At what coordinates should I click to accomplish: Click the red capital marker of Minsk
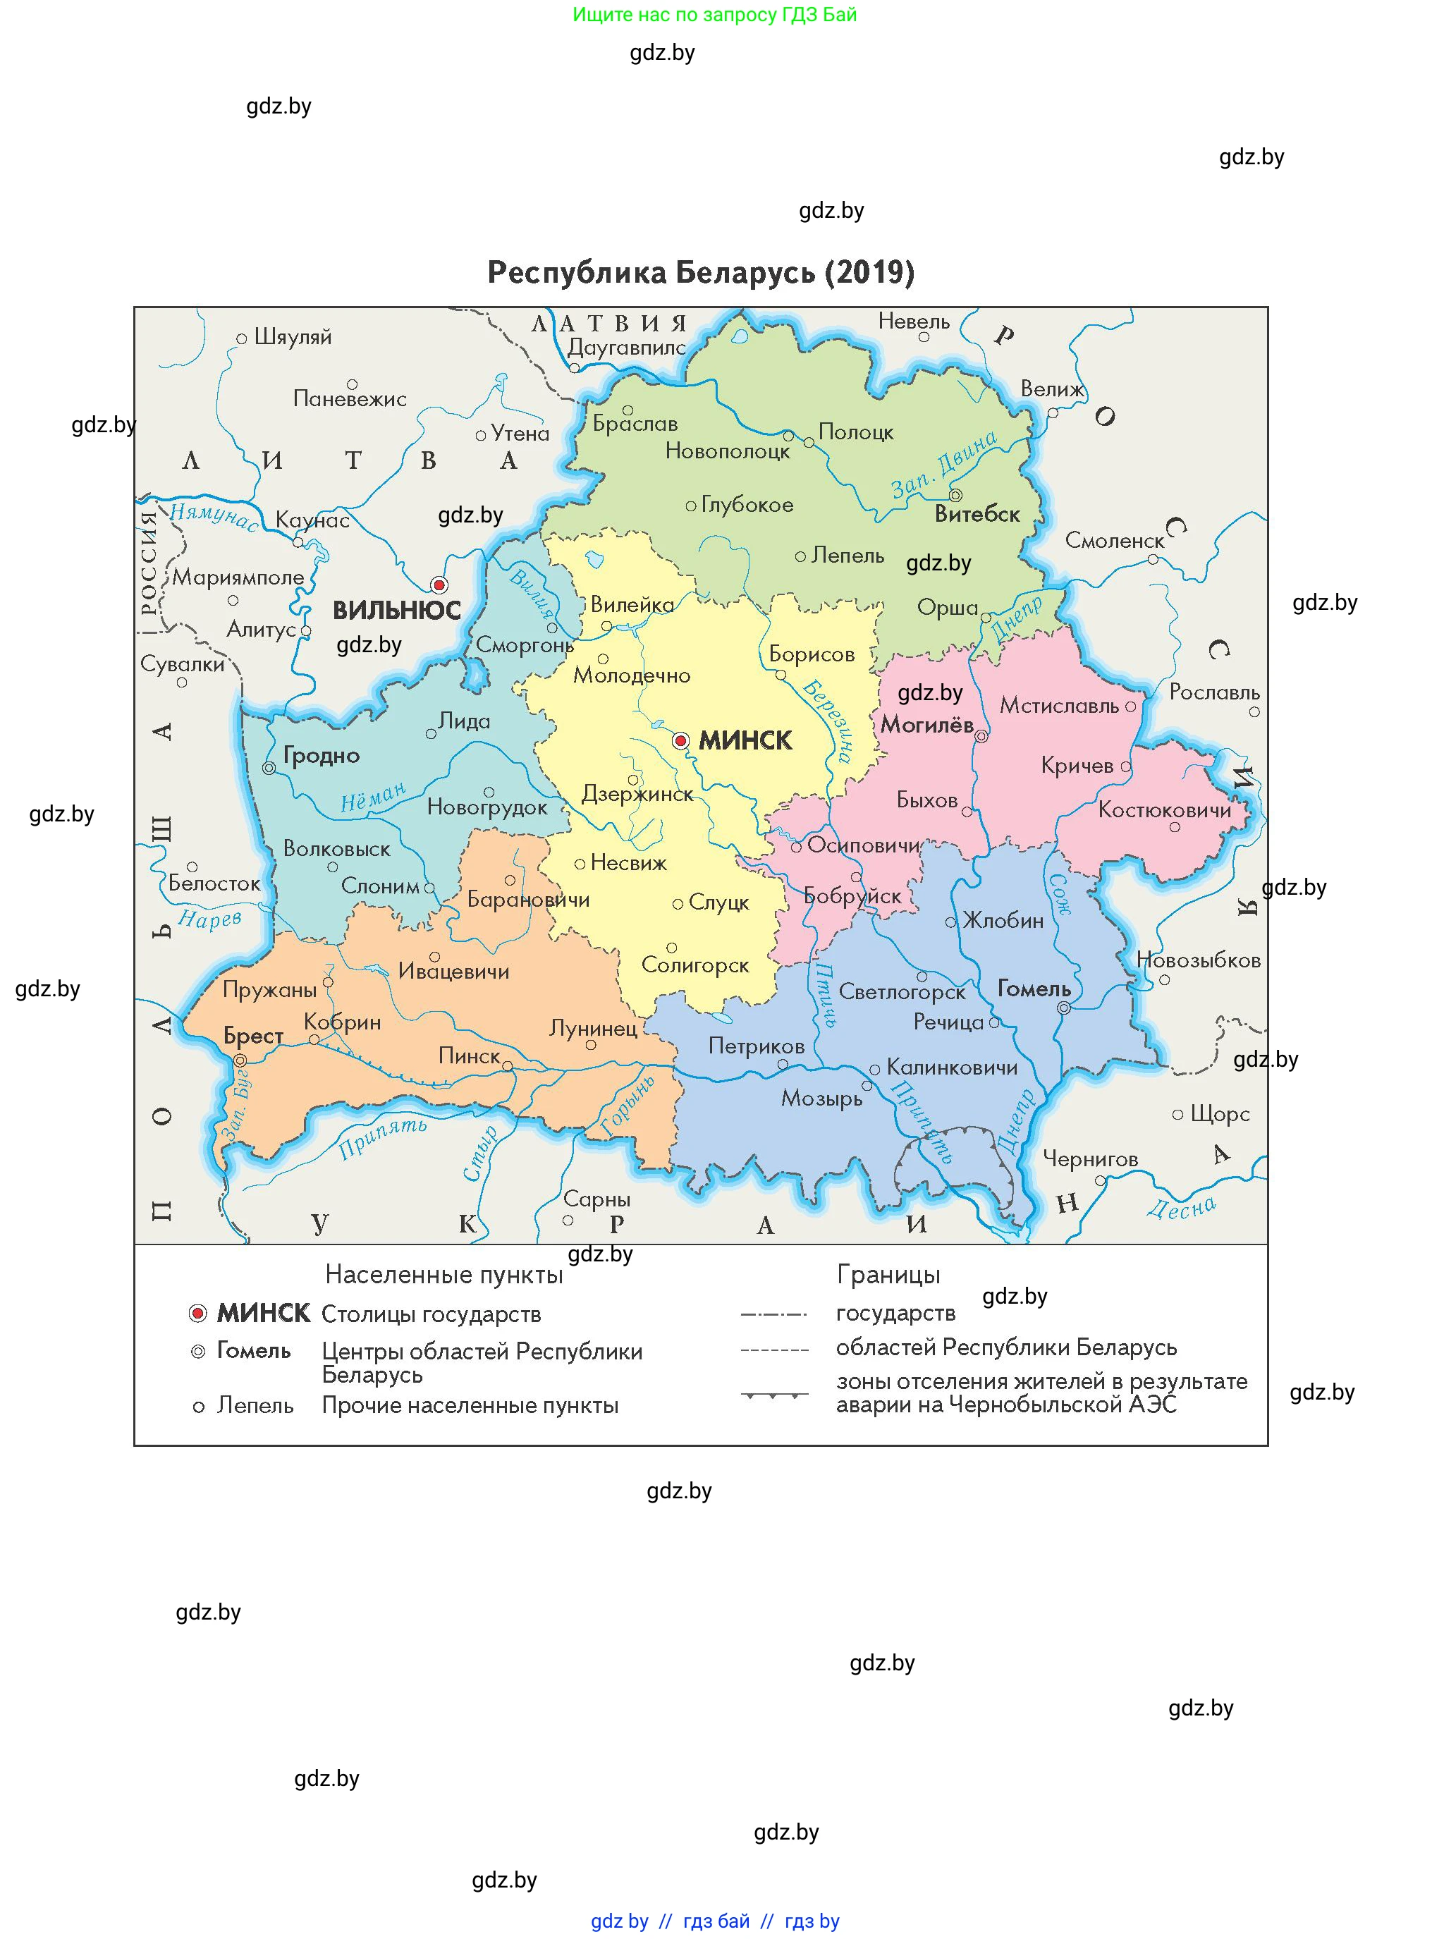pyautogui.click(x=680, y=740)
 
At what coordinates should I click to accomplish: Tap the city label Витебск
pyautogui.click(x=977, y=515)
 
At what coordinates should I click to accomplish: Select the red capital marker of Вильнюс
pyautogui.click(x=439, y=585)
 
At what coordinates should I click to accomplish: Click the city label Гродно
pyautogui.click(x=321, y=756)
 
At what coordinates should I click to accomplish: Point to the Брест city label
pyautogui.click(x=253, y=1036)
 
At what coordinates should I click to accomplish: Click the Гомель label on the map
pyautogui.click(x=1034, y=989)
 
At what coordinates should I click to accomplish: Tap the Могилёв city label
pyautogui.click(x=926, y=725)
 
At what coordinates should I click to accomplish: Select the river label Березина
pyautogui.click(x=828, y=721)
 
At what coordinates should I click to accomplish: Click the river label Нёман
pyautogui.click(x=373, y=797)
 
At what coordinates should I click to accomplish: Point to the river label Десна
pyautogui.click(x=1182, y=1207)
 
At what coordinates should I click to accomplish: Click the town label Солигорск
pyautogui.click(x=695, y=965)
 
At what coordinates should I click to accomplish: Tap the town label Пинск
pyautogui.click(x=469, y=1056)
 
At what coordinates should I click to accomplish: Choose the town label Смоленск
pyautogui.click(x=1115, y=541)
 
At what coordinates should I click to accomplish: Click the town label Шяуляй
pyautogui.click(x=293, y=337)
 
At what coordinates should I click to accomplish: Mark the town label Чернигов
pyautogui.click(x=1089, y=1159)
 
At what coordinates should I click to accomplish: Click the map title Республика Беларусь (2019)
pyautogui.click(x=700, y=272)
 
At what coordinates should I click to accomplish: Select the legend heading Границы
pyautogui.click(x=888, y=1274)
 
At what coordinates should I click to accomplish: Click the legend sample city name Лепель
pyautogui.click(x=255, y=1405)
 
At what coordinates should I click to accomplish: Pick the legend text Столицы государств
pyautogui.click(x=431, y=1314)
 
